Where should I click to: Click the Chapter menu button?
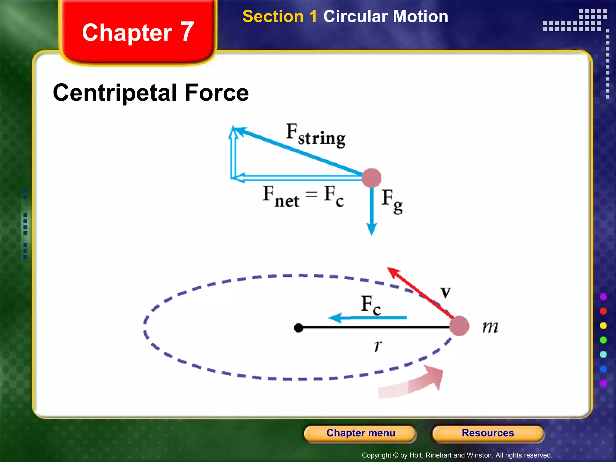tap(360, 433)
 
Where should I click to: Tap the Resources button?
tap(488, 433)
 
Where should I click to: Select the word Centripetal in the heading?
tap(115, 93)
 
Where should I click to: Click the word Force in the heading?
tap(217, 93)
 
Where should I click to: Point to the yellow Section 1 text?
tap(280, 17)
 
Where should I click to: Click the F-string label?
tap(316, 135)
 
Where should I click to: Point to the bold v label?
tap(445, 292)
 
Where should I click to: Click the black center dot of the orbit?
tap(298, 328)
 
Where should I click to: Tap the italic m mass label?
tap(490, 327)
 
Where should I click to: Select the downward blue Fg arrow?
tap(372, 211)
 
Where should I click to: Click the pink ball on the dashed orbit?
tap(459, 326)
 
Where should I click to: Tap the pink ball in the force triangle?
tap(371, 178)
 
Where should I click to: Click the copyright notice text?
tap(457, 455)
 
